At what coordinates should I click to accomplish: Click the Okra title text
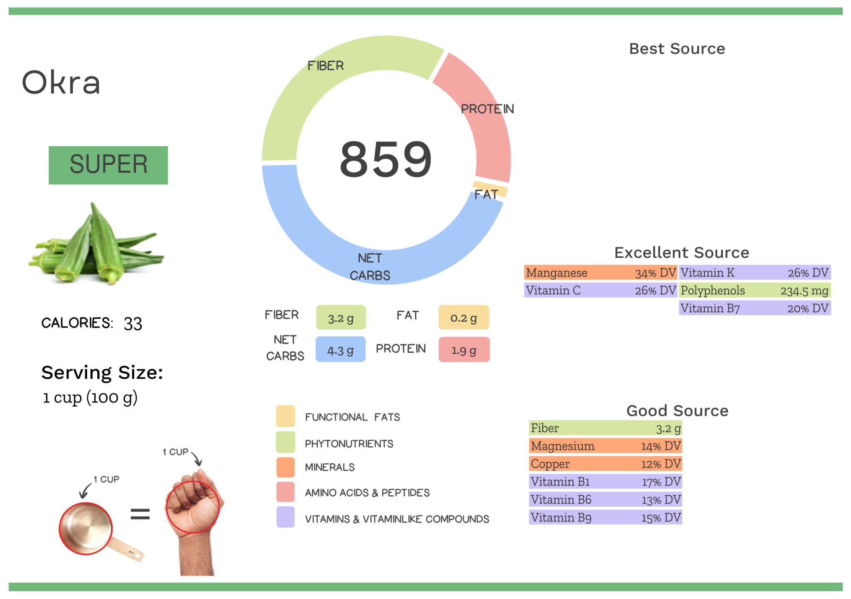coord(61,82)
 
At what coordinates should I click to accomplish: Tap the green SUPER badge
coord(108,165)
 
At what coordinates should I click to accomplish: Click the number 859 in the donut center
coord(386,160)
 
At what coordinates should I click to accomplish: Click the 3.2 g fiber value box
coord(341,318)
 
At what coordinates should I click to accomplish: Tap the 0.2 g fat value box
coord(463,318)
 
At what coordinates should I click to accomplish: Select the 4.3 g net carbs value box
coord(340,350)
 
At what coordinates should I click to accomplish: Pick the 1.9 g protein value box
coord(464,350)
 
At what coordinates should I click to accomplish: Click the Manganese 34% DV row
coord(600,273)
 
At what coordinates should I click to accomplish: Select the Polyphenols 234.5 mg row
coord(755,291)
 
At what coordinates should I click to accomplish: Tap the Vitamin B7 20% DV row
coord(755,308)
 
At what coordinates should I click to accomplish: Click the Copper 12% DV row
coord(605,464)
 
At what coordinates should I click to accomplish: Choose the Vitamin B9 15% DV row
coord(605,518)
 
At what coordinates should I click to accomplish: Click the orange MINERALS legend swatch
coord(285,467)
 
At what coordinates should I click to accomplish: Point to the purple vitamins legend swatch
coord(285,517)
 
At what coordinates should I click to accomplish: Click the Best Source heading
coord(677,49)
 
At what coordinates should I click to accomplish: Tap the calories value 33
coord(133,323)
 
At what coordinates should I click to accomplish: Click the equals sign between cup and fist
coord(140,514)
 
